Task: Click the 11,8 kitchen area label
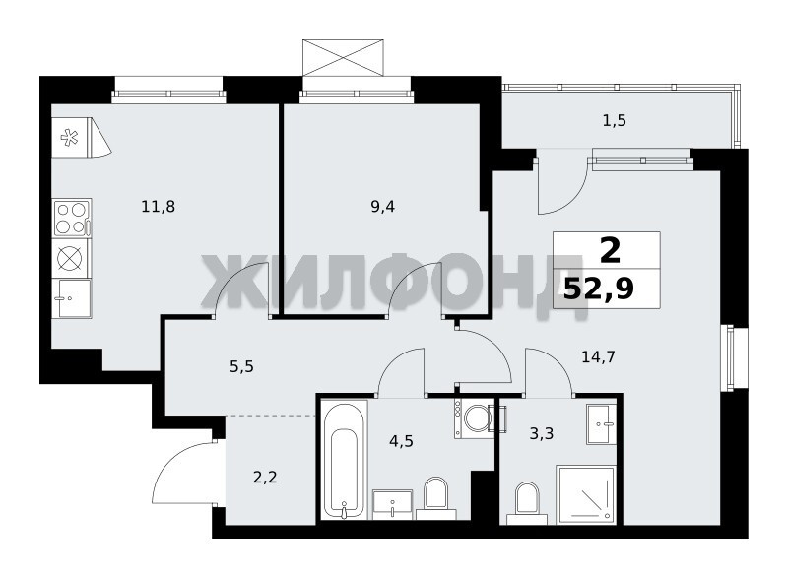click(159, 207)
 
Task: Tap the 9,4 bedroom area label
click(382, 207)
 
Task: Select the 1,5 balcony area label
click(614, 121)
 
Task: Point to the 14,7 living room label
click(598, 357)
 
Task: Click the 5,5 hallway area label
click(241, 367)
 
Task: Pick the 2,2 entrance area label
click(265, 477)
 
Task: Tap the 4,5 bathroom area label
click(402, 441)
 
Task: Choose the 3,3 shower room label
click(542, 432)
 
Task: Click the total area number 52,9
click(599, 289)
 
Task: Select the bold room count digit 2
click(610, 251)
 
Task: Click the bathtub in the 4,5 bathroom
click(344, 460)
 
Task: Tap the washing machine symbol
click(474, 417)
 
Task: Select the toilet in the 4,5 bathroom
click(435, 497)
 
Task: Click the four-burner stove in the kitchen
click(71, 219)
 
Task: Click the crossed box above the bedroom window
click(343, 58)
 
